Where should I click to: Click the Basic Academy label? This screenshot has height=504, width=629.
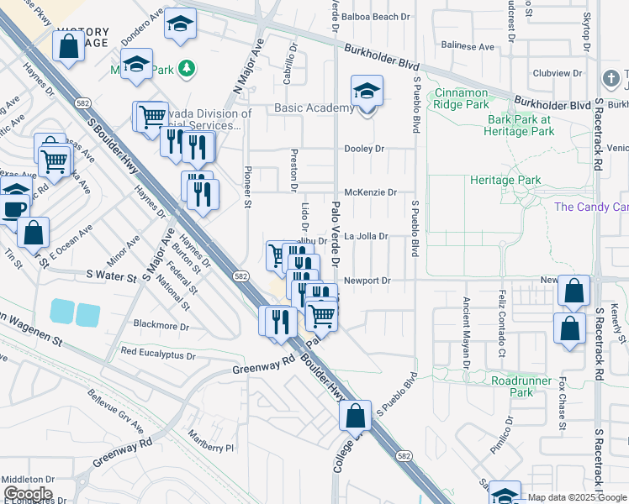pos(314,108)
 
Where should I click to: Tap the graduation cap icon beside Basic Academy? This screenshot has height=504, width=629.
pos(367,91)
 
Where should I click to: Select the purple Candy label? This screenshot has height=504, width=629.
pos(591,207)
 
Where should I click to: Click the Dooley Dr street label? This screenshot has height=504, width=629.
pos(363,149)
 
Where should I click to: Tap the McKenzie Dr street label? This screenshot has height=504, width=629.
pos(370,192)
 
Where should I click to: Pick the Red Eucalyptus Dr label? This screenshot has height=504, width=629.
pos(158,351)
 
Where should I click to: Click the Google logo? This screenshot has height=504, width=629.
pos(27,493)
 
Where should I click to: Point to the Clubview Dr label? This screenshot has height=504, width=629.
pos(557,73)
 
